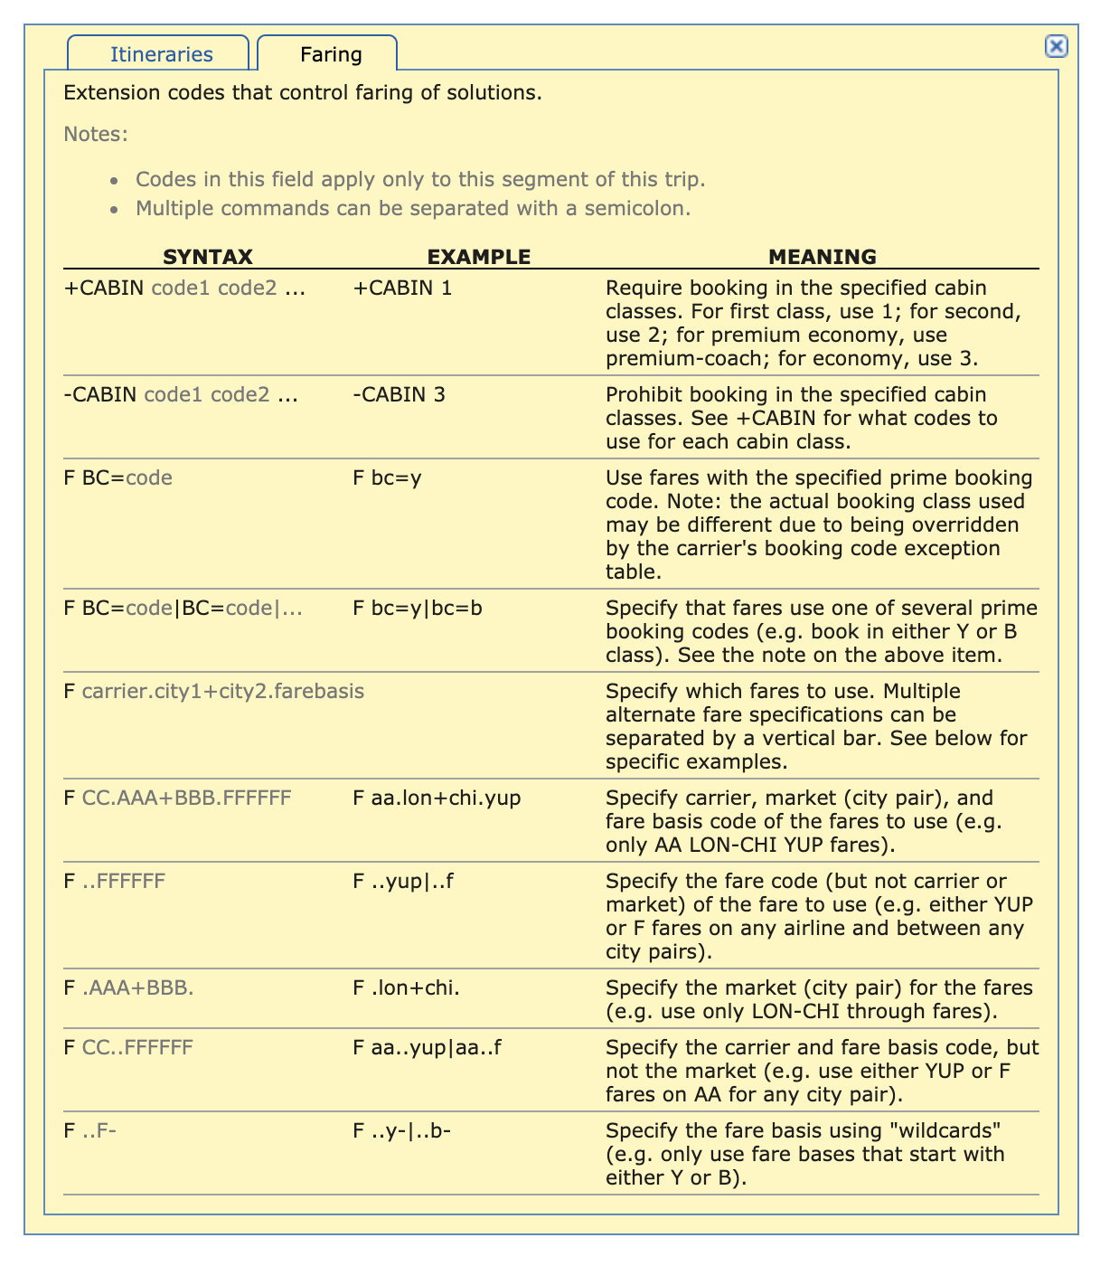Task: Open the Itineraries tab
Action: tap(161, 54)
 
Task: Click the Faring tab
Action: tap(331, 54)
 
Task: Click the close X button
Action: tap(1056, 46)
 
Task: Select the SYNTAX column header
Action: tap(207, 257)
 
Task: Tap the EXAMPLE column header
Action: tap(478, 257)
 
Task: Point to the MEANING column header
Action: tap(822, 257)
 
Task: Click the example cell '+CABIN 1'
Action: tap(402, 288)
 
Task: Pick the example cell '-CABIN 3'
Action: tap(399, 395)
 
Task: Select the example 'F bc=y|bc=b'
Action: tap(417, 609)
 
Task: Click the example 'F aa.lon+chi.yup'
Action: tap(436, 798)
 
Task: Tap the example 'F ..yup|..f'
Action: tap(402, 882)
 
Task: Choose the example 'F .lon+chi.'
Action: tap(406, 988)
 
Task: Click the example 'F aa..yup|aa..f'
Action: tap(427, 1048)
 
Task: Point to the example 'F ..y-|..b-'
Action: tap(401, 1131)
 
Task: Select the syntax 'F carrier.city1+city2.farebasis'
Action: tap(214, 692)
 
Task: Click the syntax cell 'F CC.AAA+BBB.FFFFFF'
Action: tap(177, 798)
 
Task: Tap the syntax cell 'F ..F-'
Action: tap(90, 1131)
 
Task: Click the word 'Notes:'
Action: tap(96, 135)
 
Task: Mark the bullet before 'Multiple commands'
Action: tap(114, 210)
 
